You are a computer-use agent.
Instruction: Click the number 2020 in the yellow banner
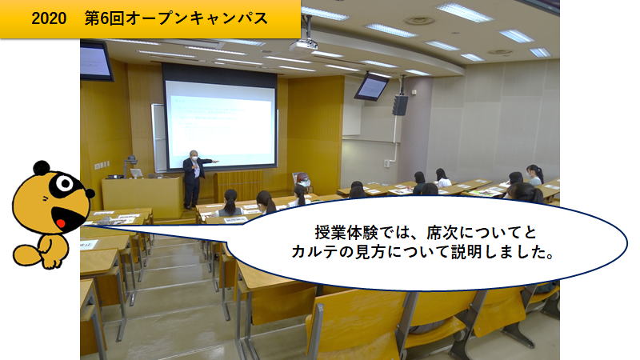click(x=49, y=18)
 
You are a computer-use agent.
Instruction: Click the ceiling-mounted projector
click(x=304, y=44)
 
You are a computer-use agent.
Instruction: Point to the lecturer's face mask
click(x=194, y=157)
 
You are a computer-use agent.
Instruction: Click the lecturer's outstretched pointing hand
click(x=216, y=162)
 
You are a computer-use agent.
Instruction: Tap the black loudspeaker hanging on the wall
click(x=400, y=106)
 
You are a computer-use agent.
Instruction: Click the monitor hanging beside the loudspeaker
click(x=371, y=86)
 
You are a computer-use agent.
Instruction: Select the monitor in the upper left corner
click(x=96, y=62)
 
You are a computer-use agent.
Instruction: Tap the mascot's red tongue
click(x=61, y=223)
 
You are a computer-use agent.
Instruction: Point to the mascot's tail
click(x=26, y=254)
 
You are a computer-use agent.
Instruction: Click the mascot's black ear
click(x=42, y=167)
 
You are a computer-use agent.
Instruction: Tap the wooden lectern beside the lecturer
click(x=142, y=197)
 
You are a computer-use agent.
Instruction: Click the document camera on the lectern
click(x=130, y=166)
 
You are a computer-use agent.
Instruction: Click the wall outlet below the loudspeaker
click(x=386, y=164)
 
